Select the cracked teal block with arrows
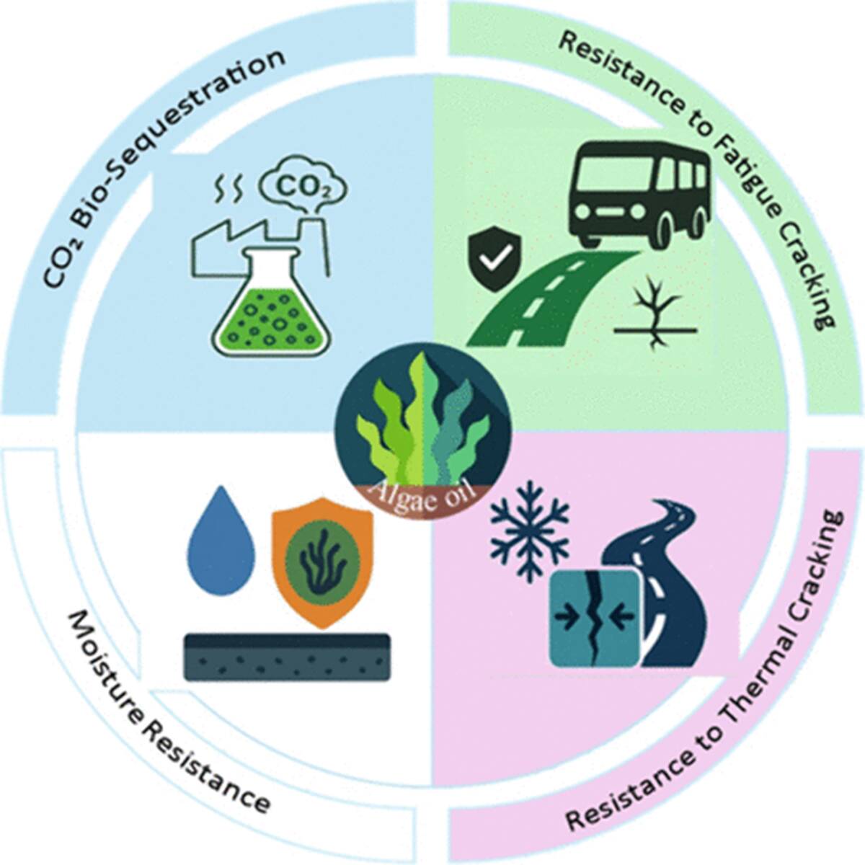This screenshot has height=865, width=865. pos(594,616)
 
